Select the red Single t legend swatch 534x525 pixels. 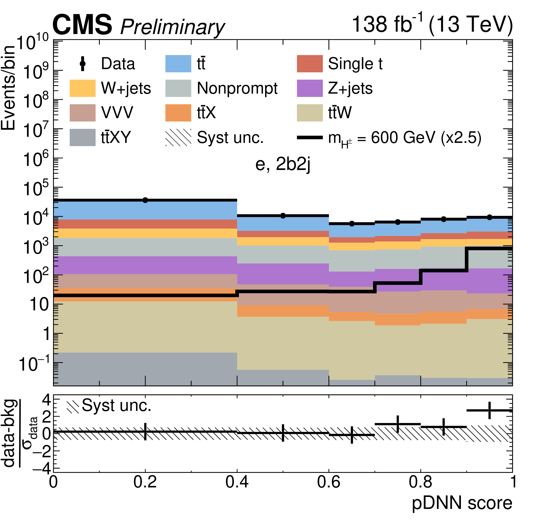coord(310,64)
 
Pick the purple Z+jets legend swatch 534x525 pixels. coord(310,88)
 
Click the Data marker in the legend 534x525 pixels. coord(82,64)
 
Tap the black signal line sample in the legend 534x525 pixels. coord(310,137)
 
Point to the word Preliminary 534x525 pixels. coord(173,27)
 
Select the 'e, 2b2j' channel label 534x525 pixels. coord(283,164)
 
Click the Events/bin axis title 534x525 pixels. coord(8,88)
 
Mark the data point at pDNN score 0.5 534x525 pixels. coord(283,216)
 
